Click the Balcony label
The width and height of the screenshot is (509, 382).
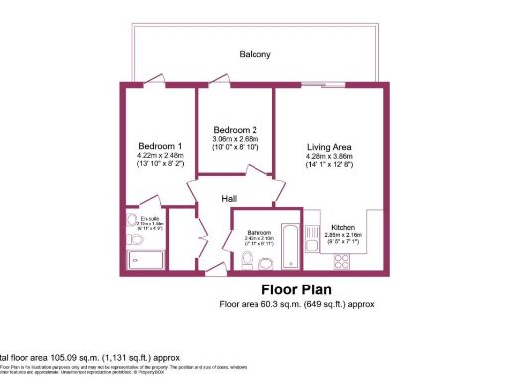(254, 54)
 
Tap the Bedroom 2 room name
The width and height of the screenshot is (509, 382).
(236, 130)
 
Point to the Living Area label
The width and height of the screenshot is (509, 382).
(328, 147)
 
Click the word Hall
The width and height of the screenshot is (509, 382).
(228, 199)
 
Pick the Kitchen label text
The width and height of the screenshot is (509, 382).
(344, 227)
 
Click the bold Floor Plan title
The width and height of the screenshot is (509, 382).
(295, 290)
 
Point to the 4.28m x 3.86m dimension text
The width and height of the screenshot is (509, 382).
(328, 157)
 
